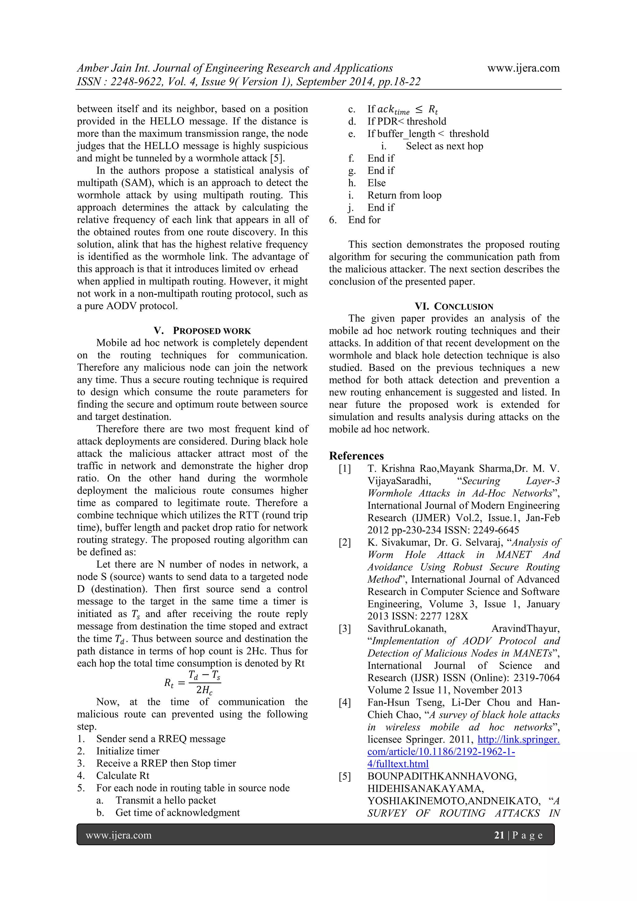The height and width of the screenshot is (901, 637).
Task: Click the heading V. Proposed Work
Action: coord(202,331)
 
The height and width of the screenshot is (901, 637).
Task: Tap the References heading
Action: coord(356,456)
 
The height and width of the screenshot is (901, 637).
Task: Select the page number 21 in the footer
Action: coord(499,835)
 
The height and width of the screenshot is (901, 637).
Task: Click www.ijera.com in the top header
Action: coord(523,68)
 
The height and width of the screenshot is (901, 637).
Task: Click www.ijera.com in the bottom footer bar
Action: coord(119,835)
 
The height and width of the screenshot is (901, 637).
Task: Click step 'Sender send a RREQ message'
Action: coord(161,739)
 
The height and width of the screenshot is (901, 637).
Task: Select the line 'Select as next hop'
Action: coord(444,146)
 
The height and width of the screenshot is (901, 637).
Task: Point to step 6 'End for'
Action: coord(364,220)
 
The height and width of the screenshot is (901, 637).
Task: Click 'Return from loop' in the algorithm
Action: coord(404,195)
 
